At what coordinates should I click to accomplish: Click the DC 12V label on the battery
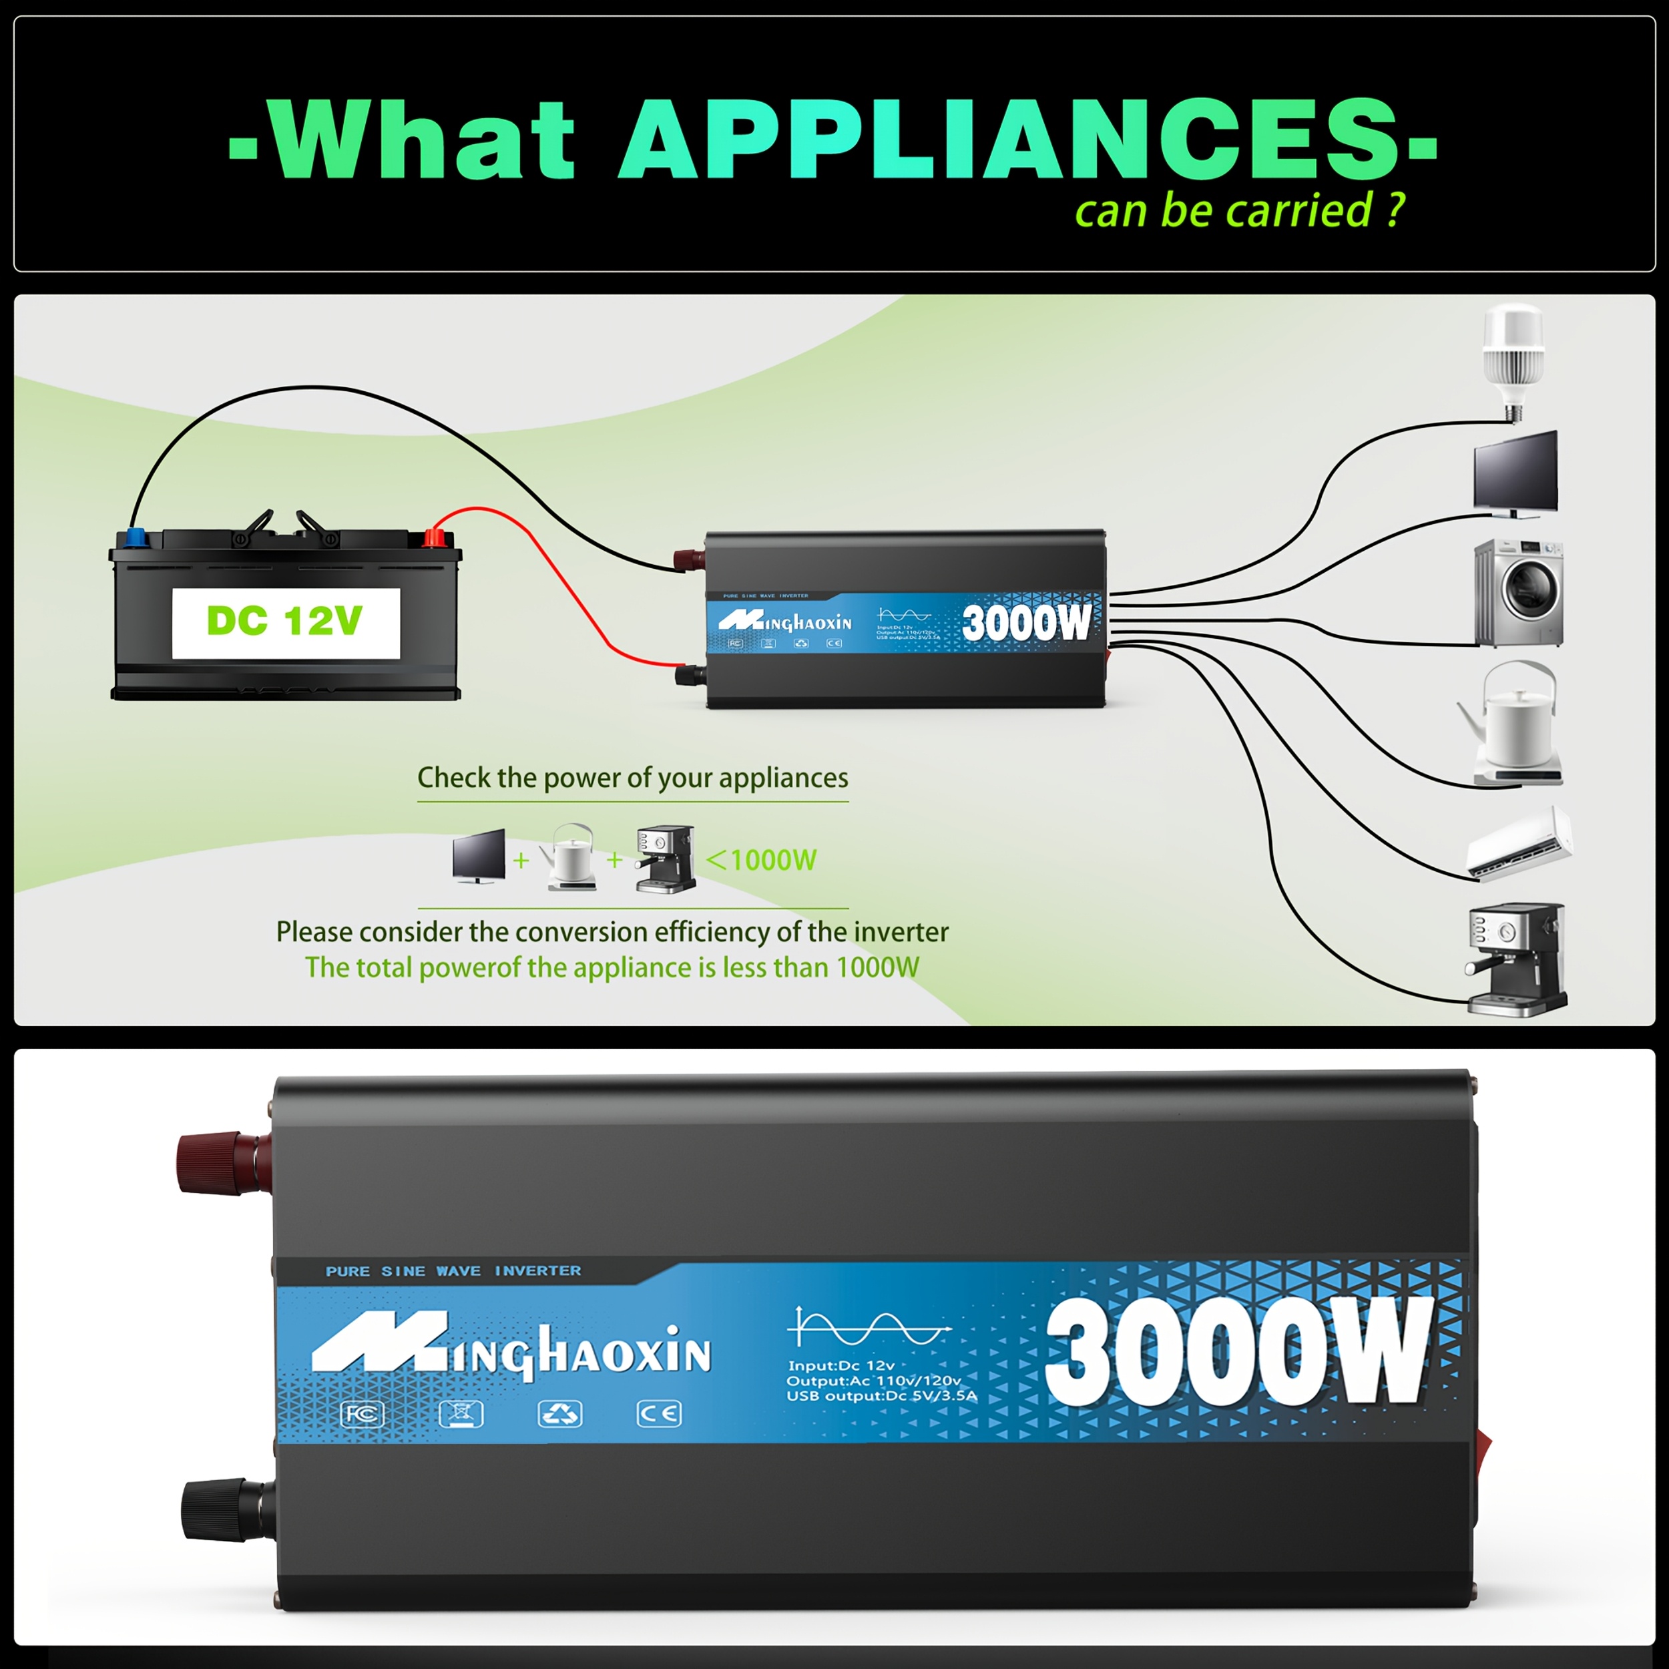(x=285, y=621)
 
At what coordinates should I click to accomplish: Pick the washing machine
(x=1518, y=593)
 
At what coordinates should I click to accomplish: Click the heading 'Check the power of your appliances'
(x=632, y=778)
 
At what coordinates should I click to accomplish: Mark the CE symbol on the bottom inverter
(x=659, y=1414)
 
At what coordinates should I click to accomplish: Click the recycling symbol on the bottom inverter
(x=560, y=1414)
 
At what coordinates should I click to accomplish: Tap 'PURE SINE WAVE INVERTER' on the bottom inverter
(x=453, y=1270)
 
